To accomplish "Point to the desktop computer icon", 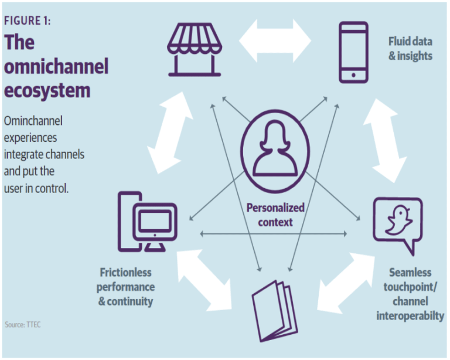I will point(149,222).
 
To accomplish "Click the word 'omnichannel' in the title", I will point(56,67).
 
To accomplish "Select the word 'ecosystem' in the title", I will point(47,91).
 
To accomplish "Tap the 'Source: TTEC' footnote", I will point(23,324).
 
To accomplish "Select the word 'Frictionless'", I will point(125,273).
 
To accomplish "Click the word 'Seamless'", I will point(410,273).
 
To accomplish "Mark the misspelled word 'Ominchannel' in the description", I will point(33,121).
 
